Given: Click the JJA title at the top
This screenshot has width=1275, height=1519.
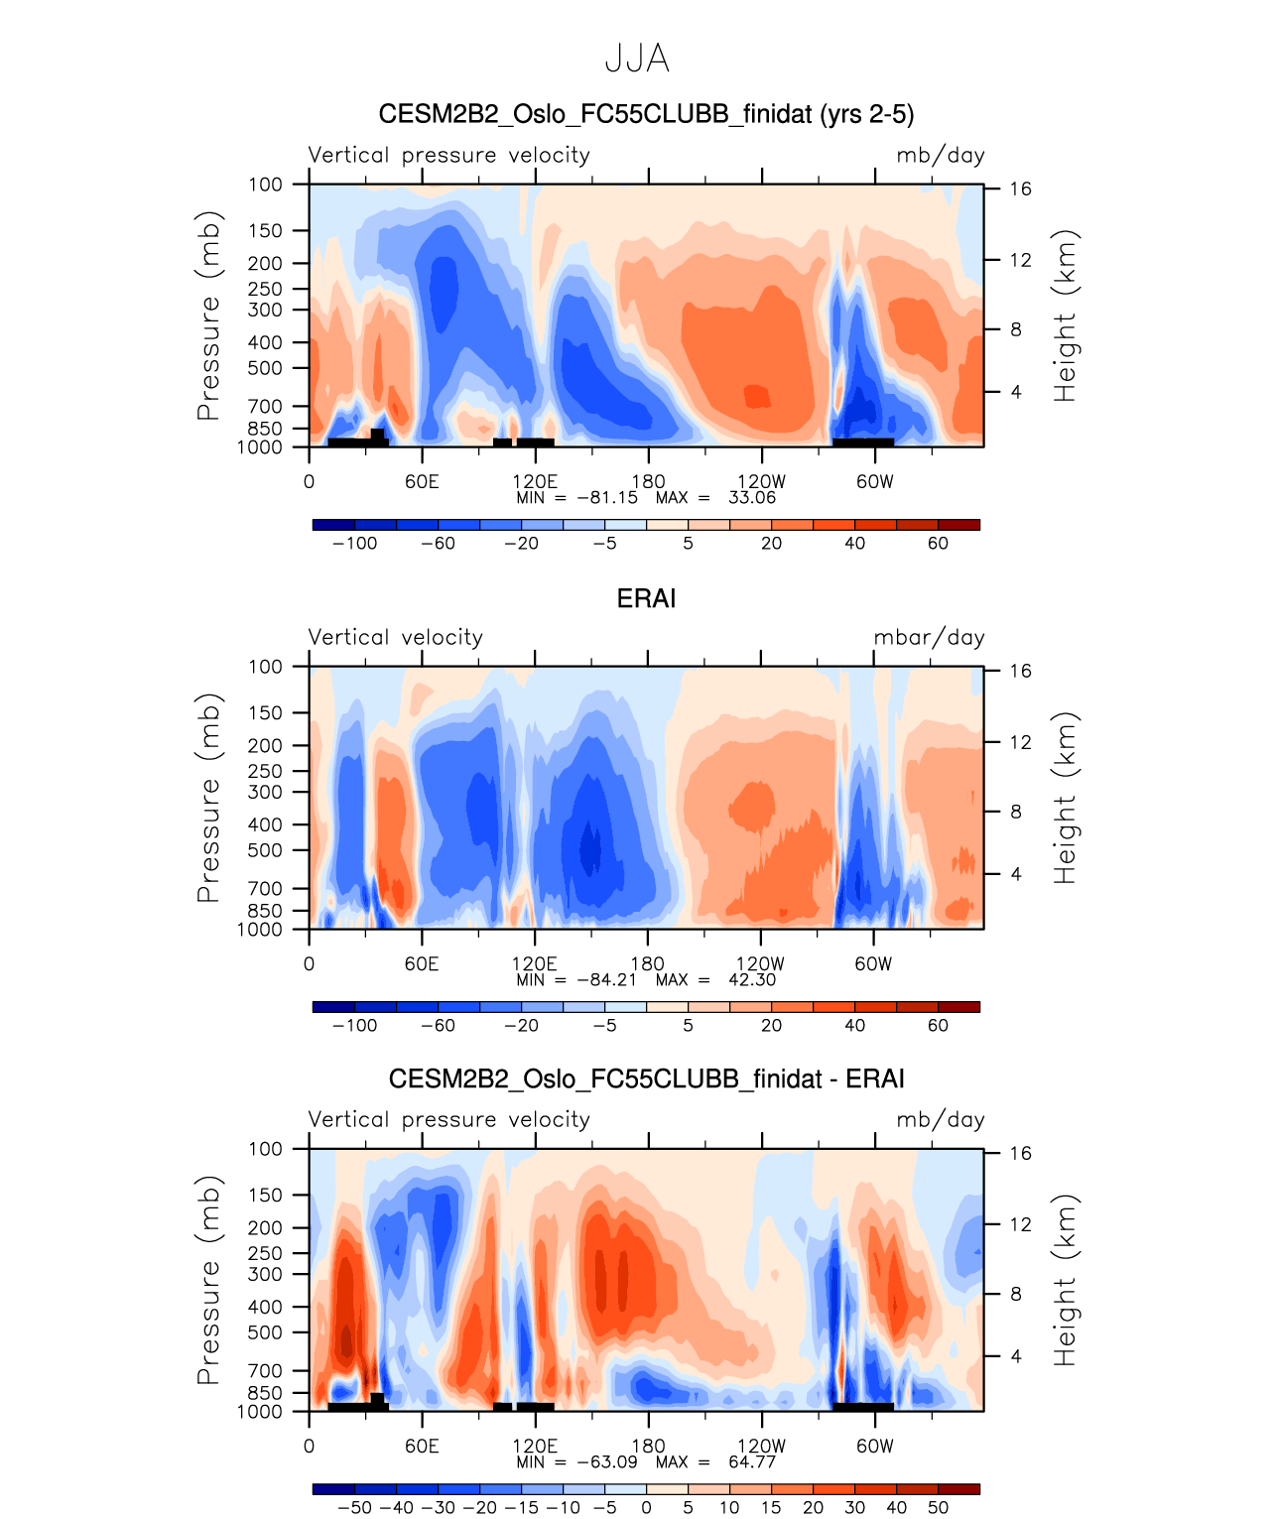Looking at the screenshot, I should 637,60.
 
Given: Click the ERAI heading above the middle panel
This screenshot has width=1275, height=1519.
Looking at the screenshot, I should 646,599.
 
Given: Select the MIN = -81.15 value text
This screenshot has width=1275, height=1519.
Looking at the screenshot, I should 576,498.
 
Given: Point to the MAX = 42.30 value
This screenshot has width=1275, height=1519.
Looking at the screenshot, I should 715,980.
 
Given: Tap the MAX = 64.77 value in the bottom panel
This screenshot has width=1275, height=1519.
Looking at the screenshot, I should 715,1462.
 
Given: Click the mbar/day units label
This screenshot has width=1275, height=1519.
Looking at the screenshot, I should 929,638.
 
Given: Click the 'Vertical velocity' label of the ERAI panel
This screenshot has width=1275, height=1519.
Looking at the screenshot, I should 395,638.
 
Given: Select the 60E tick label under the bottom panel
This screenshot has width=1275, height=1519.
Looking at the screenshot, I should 422,1447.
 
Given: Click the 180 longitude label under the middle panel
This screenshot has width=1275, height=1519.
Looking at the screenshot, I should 648,964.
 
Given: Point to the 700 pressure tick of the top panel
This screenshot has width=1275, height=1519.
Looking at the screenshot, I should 265,407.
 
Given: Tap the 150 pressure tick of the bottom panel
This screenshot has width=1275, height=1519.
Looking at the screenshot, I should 265,1196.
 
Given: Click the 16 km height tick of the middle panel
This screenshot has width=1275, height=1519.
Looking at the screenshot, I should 1020,672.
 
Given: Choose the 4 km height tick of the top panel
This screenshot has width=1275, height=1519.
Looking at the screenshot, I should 1015,393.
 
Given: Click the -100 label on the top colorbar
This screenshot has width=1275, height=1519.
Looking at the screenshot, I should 354,544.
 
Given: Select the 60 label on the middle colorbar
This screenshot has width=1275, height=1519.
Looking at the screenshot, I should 938,1026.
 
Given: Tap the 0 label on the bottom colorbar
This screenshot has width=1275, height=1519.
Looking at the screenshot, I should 646,1508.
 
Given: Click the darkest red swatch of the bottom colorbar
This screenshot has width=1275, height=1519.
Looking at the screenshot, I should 958,1489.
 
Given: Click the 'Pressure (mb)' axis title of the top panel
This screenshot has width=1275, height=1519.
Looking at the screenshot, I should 207,316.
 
